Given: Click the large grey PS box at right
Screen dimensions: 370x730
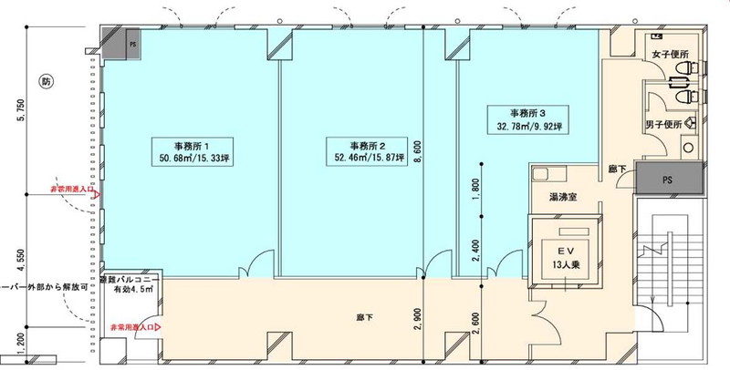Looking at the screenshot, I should [x=670, y=179].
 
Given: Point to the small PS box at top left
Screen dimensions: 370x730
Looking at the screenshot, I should [x=132, y=43].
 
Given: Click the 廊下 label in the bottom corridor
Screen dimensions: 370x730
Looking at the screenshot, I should [x=362, y=318].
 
